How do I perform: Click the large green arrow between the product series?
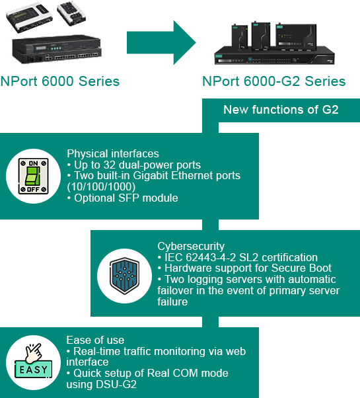161,42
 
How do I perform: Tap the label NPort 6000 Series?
60,81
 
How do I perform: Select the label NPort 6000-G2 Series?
274,81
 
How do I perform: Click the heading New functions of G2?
281,110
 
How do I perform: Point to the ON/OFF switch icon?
33,176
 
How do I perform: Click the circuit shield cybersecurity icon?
124,276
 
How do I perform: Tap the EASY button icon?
33,363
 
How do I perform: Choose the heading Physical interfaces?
113,153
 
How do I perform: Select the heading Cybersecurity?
191,246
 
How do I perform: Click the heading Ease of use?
95,340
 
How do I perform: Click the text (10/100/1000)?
101,187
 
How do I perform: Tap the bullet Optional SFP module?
122,198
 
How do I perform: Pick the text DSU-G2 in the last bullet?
116,384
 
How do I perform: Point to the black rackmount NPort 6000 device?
57,49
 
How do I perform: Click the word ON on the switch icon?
33,163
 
